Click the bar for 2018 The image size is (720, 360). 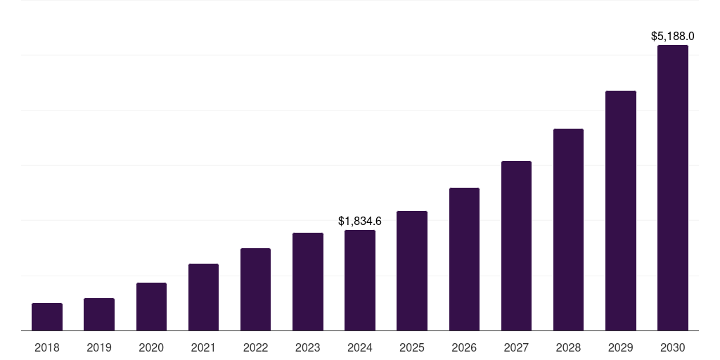tap(47, 316)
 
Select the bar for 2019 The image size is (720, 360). tap(99, 314)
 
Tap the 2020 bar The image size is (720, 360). tap(151, 307)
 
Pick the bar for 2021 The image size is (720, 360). tap(203, 297)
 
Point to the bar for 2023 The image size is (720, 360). tap(308, 281)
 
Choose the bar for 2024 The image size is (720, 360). tap(360, 280)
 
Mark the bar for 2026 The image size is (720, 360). tap(464, 259)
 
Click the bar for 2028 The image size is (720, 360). tap(568, 229)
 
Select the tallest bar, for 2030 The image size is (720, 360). tap(673, 188)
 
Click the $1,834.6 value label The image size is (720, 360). tap(360, 221)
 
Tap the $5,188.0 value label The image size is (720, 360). tap(673, 36)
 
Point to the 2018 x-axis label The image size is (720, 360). tap(47, 347)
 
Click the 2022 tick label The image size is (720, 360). tap(255, 347)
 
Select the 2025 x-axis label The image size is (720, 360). tap(412, 347)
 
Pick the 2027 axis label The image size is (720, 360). tap(516, 347)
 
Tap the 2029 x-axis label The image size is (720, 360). tap(620, 347)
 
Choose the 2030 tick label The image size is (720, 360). tap(673, 347)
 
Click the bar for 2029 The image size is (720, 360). tap(620, 210)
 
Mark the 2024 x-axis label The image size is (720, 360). tap(360, 347)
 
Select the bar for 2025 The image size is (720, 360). tap(412, 271)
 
